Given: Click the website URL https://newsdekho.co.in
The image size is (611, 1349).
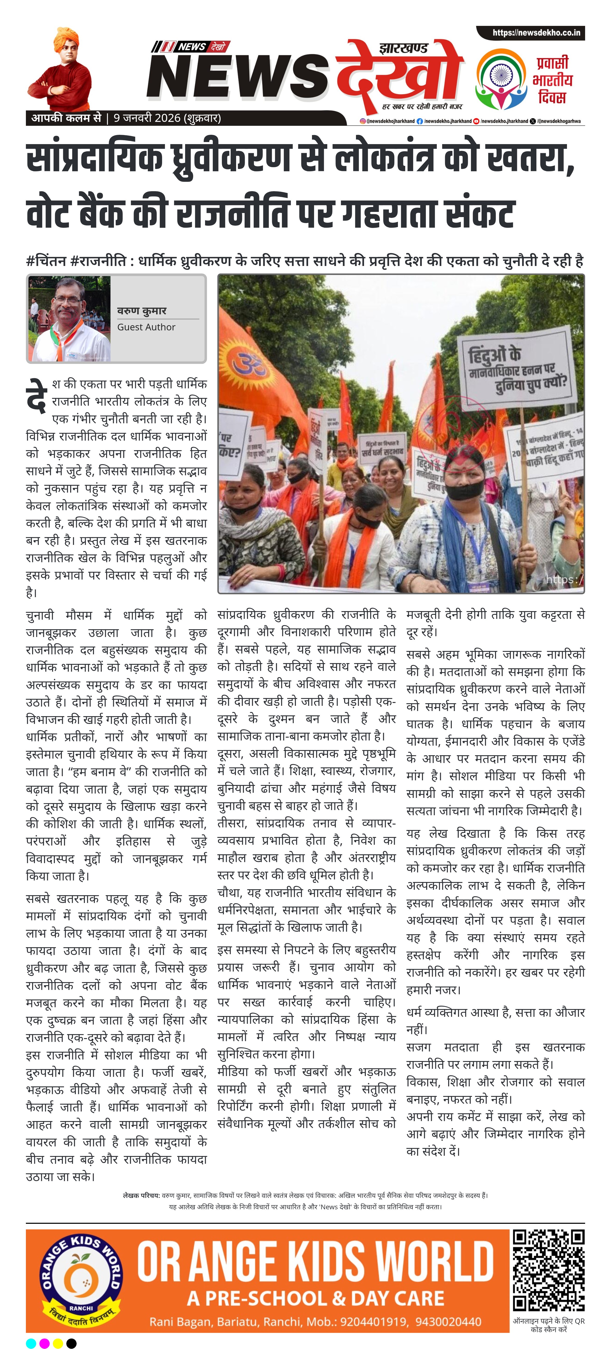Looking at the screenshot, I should [536, 33].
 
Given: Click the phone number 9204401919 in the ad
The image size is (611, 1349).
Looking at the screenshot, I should [373, 1322].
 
